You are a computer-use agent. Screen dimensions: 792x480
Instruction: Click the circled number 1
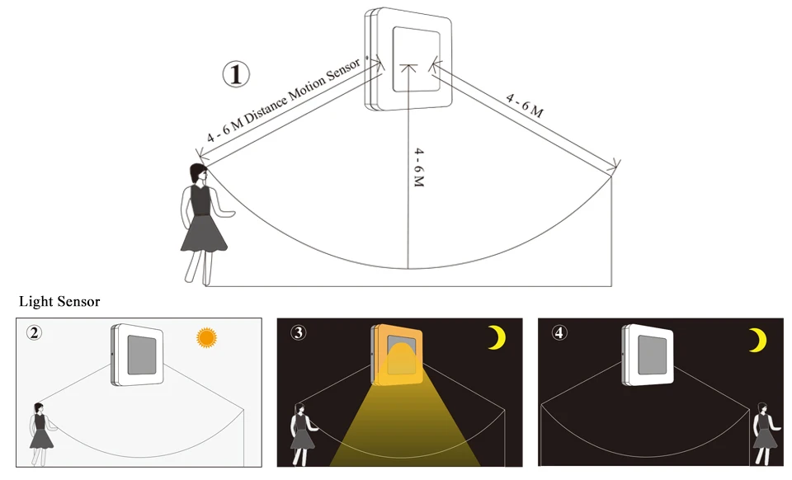(x=236, y=74)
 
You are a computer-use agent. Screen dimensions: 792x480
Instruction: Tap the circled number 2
(x=35, y=332)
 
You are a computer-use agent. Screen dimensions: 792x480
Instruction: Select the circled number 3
(x=299, y=332)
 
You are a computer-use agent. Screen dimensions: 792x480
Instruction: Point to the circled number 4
(x=559, y=332)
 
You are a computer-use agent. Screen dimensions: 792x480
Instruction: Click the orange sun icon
(x=206, y=337)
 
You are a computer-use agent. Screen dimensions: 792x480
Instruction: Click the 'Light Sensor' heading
(x=59, y=302)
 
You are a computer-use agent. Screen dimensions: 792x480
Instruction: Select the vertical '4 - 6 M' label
(x=419, y=167)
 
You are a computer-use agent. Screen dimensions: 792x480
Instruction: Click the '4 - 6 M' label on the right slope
(x=525, y=106)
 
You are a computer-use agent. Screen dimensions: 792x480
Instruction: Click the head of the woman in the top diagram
(x=199, y=173)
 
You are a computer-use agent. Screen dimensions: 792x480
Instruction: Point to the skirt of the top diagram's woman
(x=204, y=233)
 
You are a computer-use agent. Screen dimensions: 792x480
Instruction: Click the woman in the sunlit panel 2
(x=42, y=434)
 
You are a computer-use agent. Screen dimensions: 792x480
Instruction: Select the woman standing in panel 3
(x=304, y=434)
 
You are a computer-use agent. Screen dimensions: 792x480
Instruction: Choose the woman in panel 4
(x=764, y=434)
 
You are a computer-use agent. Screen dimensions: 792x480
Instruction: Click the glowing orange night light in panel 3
(x=397, y=355)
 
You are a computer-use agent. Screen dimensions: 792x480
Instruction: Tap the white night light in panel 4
(x=648, y=355)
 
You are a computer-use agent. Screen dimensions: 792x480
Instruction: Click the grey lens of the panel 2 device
(x=142, y=355)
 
